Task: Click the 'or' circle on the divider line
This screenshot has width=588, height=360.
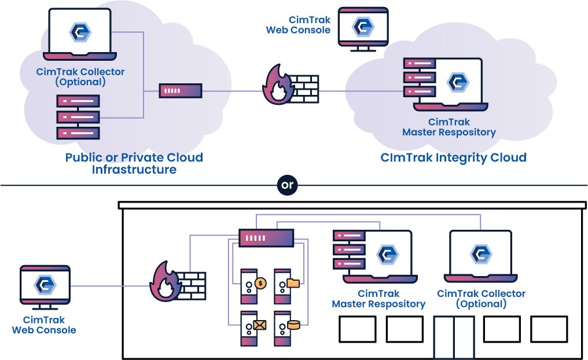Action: click(287, 186)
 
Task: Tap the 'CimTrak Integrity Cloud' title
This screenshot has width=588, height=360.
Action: click(453, 157)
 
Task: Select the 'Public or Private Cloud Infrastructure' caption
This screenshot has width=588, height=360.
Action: click(134, 163)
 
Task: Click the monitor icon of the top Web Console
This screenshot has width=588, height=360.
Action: click(363, 28)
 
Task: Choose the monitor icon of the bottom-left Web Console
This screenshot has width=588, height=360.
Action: click(45, 286)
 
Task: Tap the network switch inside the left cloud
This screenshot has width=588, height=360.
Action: click(180, 91)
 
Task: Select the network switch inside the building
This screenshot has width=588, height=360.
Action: click(266, 237)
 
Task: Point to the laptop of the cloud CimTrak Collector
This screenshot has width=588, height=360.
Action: click(80, 34)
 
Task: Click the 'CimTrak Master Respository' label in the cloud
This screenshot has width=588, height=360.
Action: click(449, 127)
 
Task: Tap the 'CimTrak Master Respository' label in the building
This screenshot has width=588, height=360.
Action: click(378, 299)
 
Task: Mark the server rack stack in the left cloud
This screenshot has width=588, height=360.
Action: click(78, 117)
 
